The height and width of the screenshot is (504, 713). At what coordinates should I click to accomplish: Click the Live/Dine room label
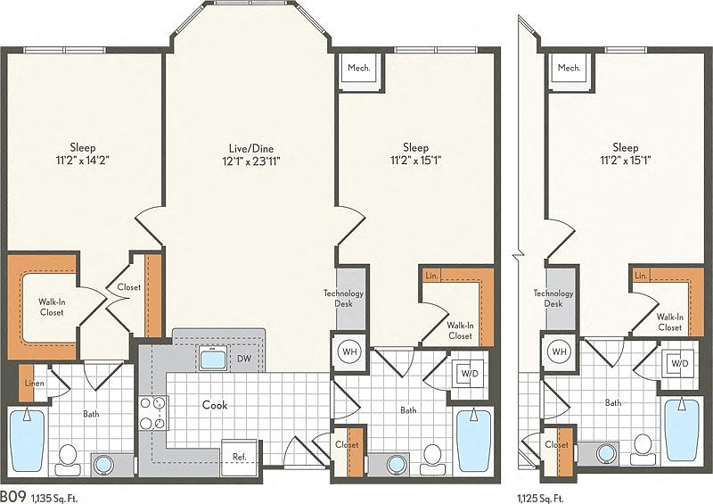(251, 148)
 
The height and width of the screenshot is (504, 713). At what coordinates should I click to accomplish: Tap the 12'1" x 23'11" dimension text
(251, 161)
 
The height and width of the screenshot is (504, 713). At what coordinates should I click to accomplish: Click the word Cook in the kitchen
(215, 405)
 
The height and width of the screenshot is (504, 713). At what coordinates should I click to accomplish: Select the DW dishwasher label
(244, 359)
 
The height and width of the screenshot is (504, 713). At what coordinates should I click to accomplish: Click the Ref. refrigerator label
(239, 456)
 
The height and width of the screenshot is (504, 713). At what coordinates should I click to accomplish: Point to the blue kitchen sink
(213, 358)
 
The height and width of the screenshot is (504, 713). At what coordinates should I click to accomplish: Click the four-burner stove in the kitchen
(153, 413)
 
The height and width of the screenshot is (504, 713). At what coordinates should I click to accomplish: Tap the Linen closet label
(35, 383)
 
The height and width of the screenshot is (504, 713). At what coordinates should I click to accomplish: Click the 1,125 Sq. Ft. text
(540, 497)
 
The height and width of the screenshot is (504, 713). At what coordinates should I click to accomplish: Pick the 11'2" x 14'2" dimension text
(83, 161)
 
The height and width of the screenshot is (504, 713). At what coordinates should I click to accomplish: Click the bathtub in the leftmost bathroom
(28, 441)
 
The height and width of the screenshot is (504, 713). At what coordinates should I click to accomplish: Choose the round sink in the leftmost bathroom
(104, 465)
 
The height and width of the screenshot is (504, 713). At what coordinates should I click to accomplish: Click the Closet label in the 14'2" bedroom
(128, 287)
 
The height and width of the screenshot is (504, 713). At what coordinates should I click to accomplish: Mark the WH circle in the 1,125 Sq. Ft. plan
(560, 351)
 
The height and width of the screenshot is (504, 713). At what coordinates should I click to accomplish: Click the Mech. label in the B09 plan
(359, 68)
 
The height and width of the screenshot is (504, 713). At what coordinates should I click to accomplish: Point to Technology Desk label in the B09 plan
(343, 298)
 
